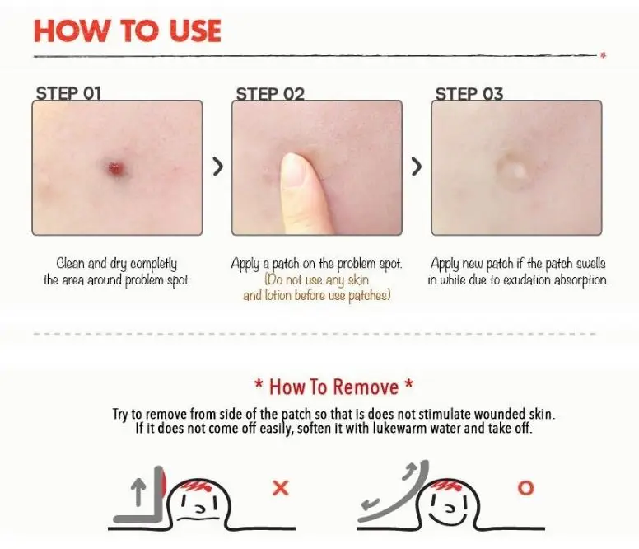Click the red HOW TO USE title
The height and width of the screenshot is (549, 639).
click(x=128, y=31)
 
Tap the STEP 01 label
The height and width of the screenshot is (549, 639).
click(x=68, y=93)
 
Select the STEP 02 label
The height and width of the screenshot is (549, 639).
click(x=270, y=94)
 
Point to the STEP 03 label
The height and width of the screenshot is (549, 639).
click(x=469, y=94)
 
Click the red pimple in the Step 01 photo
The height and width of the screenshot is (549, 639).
click(x=116, y=167)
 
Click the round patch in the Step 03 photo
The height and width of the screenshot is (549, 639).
click(x=515, y=171)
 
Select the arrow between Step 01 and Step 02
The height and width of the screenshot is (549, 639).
click(x=218, y=167)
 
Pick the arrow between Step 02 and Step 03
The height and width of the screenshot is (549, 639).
click(x=417, y=167)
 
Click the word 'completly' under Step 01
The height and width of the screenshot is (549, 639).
click(x=154, y=264)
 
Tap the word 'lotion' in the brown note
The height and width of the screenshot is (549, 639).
click(x=278, y=295)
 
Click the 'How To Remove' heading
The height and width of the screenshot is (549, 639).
click(x=333, y=387)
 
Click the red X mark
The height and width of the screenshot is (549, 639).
click(x=280, y=488)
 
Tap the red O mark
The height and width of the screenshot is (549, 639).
click(x=525, y=488)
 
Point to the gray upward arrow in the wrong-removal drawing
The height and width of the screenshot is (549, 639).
click(x=139, y=492)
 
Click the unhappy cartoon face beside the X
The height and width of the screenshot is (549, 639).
click(x=199, y=503)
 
